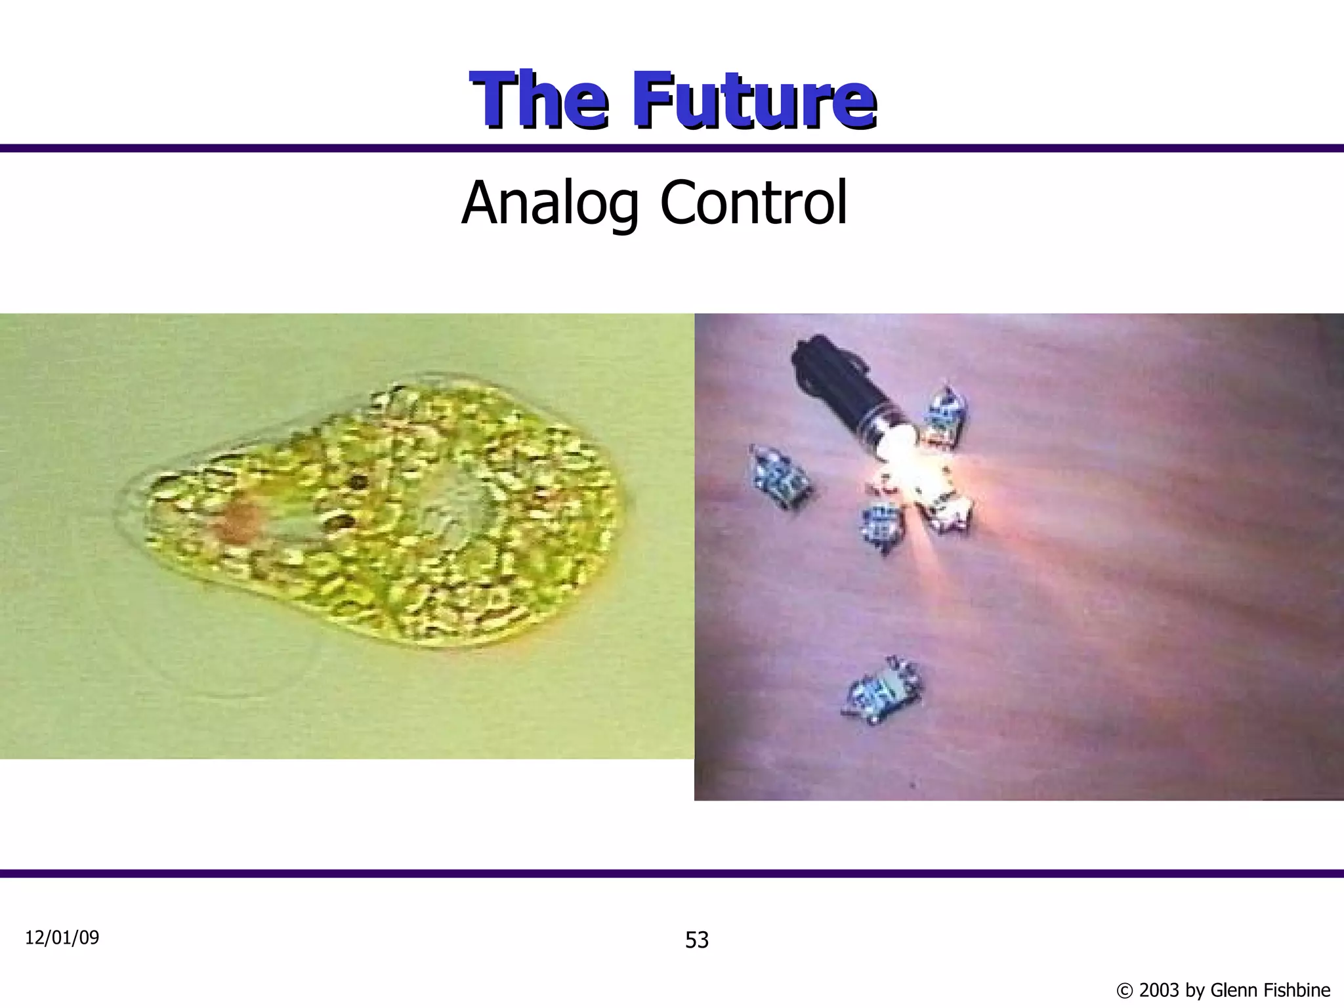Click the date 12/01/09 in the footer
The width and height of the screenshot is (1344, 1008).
click(x=62, y=938)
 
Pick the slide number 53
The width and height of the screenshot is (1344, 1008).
click(x=697, y=940)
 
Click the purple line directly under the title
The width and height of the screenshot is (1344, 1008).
click(x=672, y=148)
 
